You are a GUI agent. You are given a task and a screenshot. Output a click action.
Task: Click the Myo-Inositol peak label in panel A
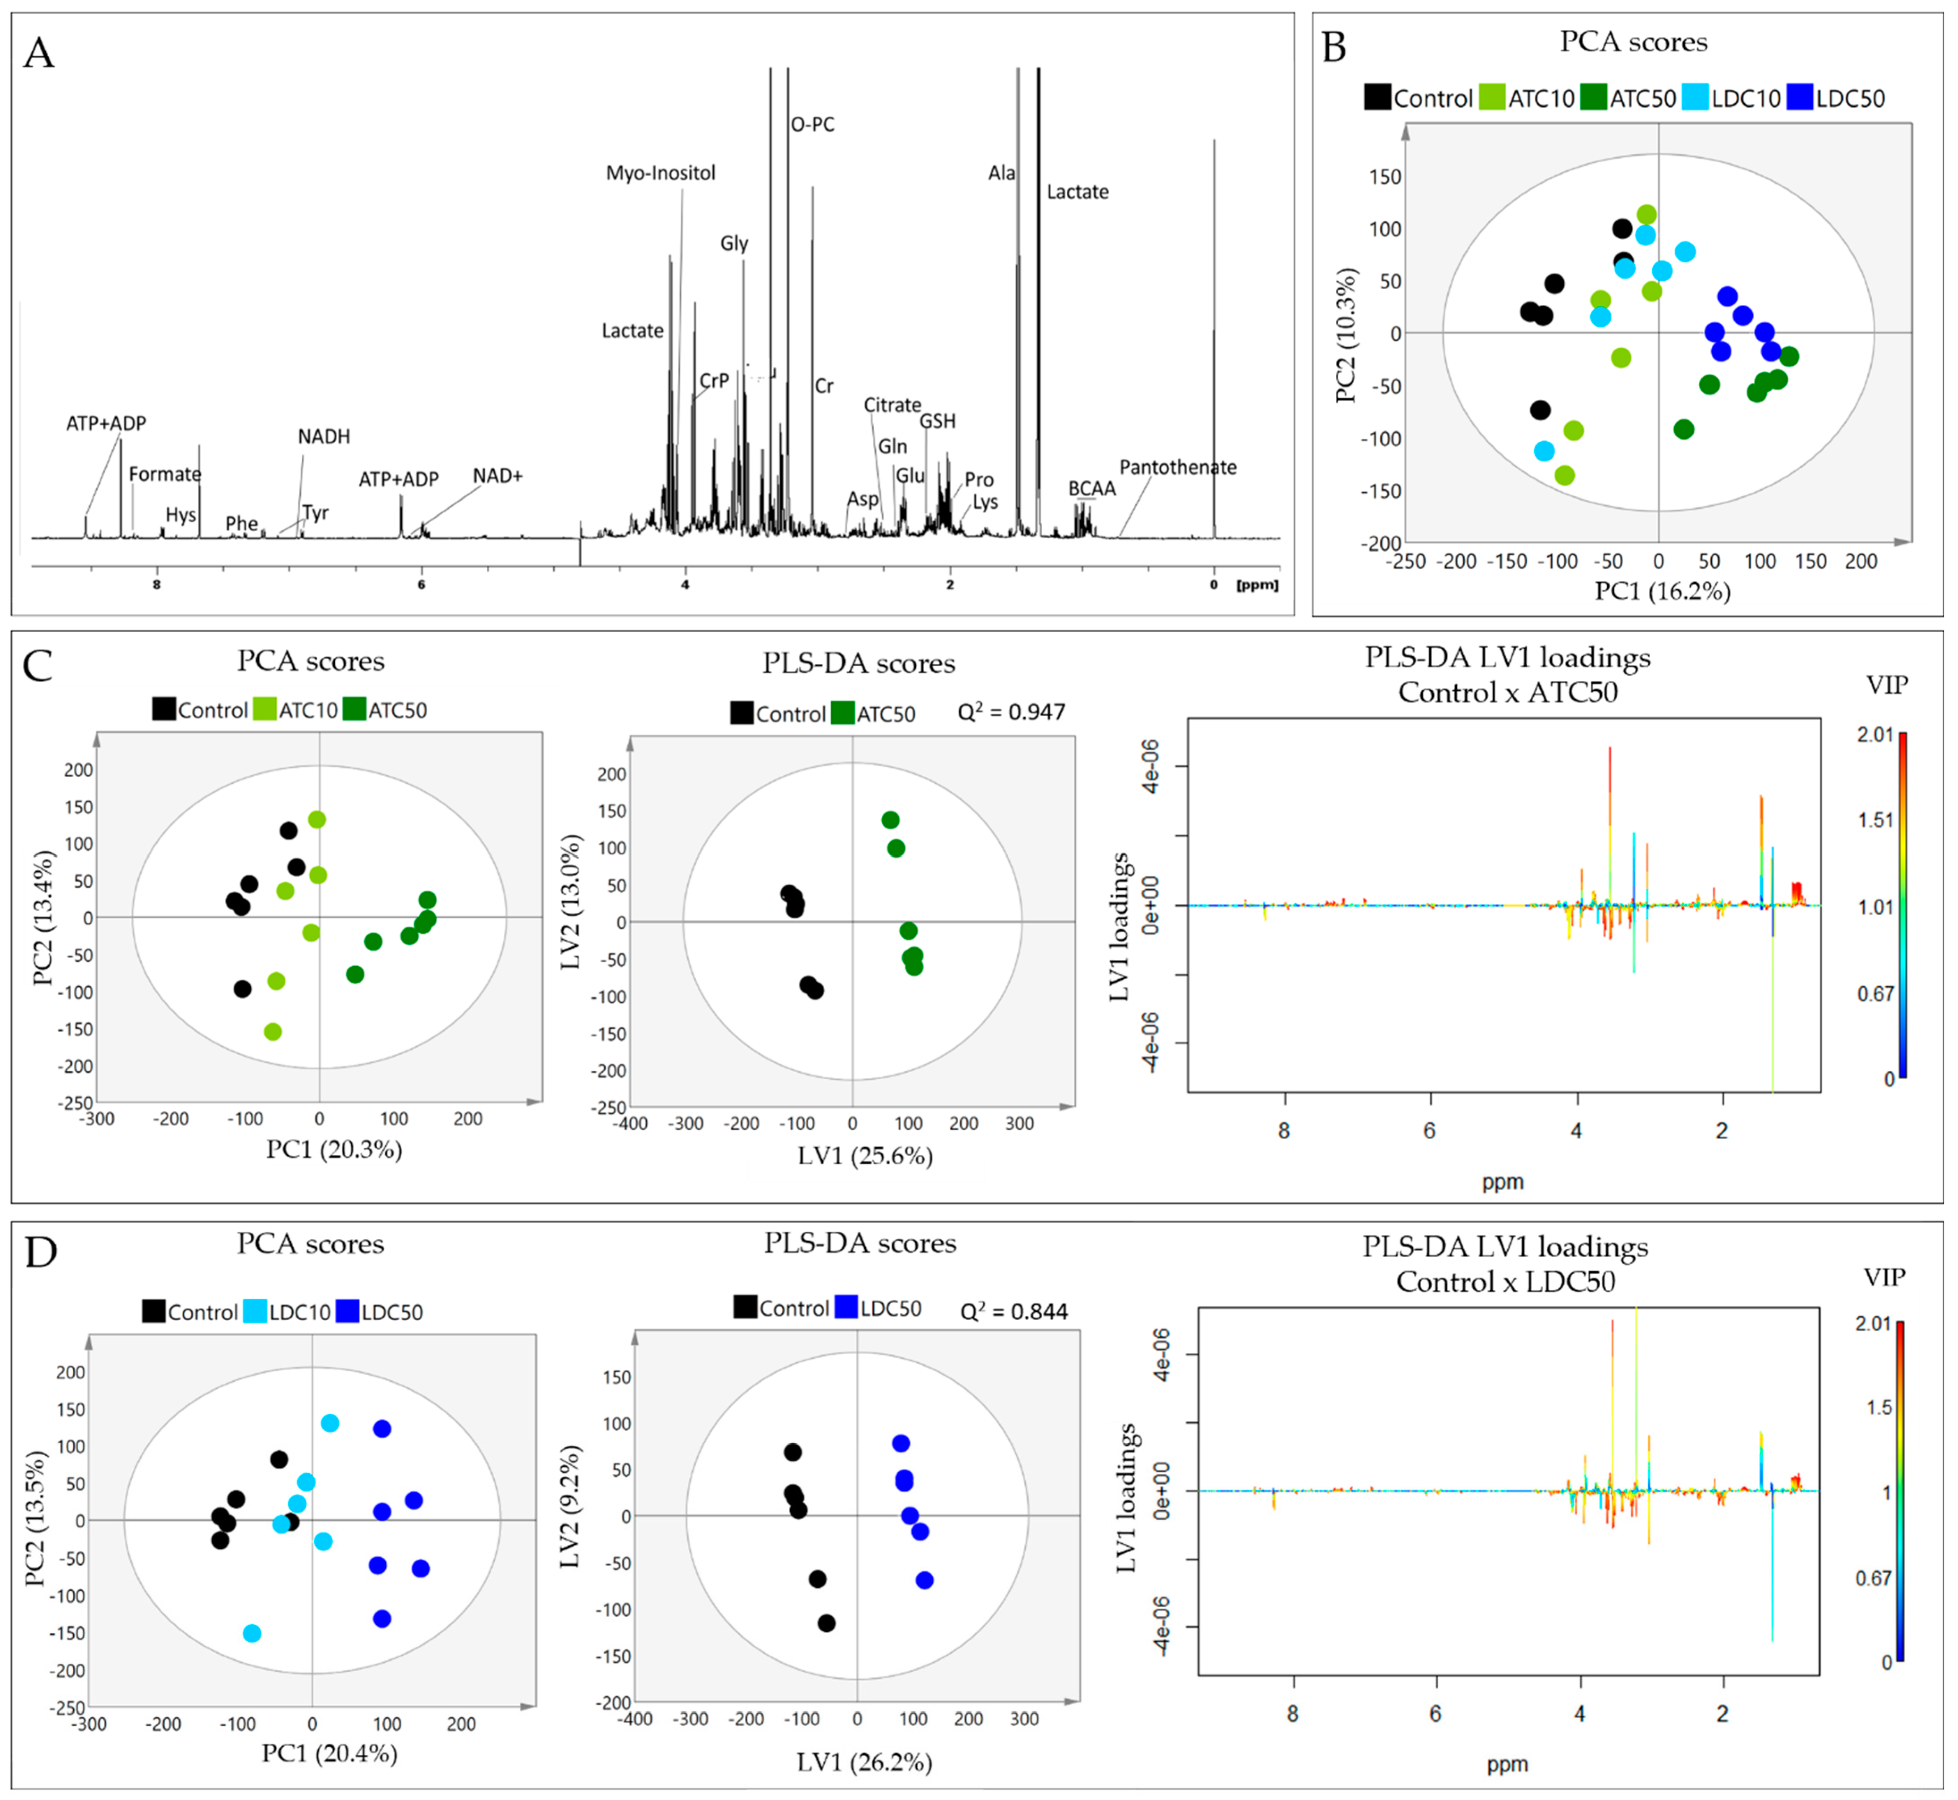(x=660, y=173)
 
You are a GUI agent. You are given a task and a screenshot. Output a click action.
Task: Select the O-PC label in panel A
(x=812, y=125)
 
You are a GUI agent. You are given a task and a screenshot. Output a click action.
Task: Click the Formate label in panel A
(x=164, y=474)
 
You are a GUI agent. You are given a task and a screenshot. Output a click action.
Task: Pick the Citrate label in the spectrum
(x=892, y=405)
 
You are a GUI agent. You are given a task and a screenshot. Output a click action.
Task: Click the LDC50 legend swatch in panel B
(x=1799, y=97)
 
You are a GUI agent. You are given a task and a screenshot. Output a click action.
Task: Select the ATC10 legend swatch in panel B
(x=1491, y=97)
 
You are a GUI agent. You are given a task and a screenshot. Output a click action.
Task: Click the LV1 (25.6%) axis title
(x=865, y=1156)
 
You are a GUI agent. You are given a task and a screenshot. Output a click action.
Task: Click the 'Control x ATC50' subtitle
(x=1507, y=693)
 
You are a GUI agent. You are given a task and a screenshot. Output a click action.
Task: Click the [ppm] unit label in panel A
(x=1256, y=585)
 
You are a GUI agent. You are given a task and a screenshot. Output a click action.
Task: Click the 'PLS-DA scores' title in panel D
(x=860, y=1244)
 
